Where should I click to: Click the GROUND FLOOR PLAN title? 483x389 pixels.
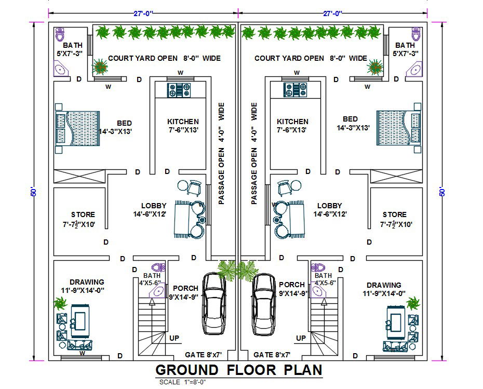[239, 370]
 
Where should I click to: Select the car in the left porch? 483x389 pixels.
[213, 304]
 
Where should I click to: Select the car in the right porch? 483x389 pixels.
[264, 304]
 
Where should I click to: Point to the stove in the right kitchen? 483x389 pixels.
[296, 90]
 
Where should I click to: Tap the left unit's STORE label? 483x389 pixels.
[83, 214]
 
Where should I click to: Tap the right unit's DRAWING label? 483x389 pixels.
[384, 285]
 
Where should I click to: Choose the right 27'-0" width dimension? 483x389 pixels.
[333, 14]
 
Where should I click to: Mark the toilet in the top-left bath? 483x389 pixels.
[60, 34]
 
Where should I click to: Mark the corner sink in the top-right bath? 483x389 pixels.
[416, 69]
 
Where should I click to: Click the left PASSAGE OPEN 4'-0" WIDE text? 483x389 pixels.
[221, 153]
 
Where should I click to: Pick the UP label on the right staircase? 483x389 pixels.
[301, 338]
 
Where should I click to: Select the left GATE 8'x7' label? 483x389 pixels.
[204, 355]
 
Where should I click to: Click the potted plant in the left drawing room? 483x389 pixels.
[61, 302]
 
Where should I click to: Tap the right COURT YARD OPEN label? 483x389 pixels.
[289, 58]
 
